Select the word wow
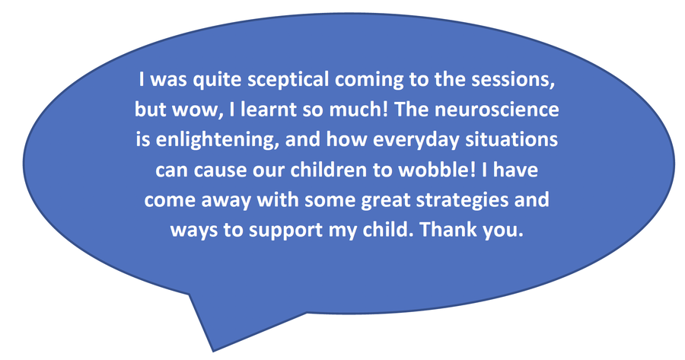[195, 110]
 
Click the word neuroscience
[497, 110]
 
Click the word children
[330, 170]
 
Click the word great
[387, 200]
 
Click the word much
[358, 110]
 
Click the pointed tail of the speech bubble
[213, 350]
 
